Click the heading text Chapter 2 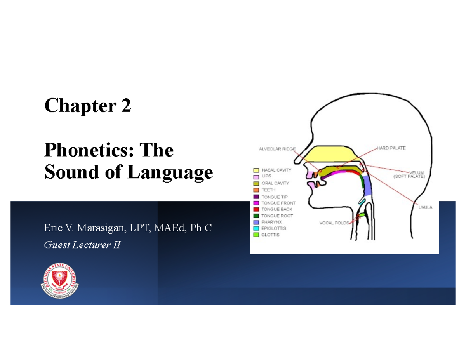tap(88, 106)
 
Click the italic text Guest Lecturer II tap(82, 245)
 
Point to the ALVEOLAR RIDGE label tap(277, 149)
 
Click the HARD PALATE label tap(391, 148)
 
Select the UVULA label tap(425, 207)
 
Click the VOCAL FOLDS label tap(334, 223)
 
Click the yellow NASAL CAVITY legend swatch tap(256, 170)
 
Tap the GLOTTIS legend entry tap(270, 235)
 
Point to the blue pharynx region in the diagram tap(367, 186)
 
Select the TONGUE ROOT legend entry tap(277, 216)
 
